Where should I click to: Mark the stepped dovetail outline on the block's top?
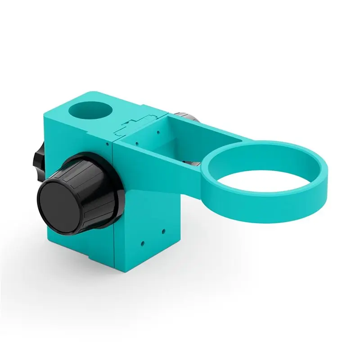[x=133, y=123]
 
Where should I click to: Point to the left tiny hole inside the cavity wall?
[x=135, y=144]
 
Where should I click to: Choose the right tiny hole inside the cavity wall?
[x=158, y=132]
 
